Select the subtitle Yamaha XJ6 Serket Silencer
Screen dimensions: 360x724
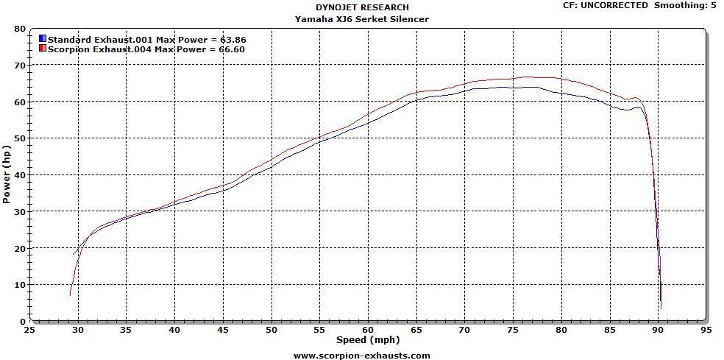(361, 19)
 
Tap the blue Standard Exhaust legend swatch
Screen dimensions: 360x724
(43, 38)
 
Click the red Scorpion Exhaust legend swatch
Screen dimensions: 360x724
(43, 49)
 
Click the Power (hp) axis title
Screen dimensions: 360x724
(7, 174)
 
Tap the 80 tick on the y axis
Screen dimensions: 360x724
(20, 29)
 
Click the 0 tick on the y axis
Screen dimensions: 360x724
(23, 322)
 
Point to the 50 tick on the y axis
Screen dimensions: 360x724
(20, 138)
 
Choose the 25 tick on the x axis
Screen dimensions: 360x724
(29, 331)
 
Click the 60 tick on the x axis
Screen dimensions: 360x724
(368, 331)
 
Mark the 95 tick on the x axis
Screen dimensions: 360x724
(706, 331)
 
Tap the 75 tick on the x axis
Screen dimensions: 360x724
(513, 331)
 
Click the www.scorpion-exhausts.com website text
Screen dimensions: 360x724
(361, 355)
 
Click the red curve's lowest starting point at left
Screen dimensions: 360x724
(70, 295)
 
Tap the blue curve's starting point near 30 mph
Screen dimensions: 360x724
(74, 255)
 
